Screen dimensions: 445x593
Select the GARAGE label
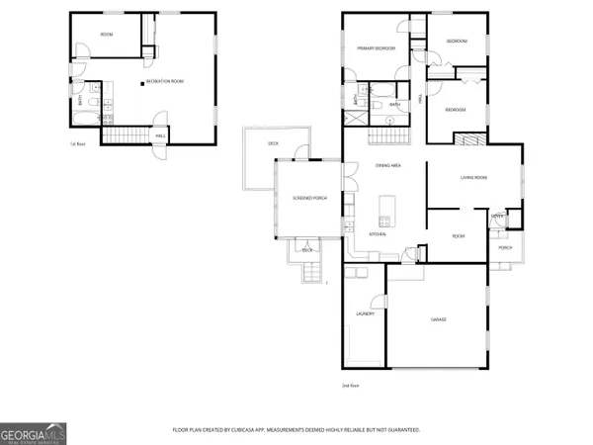(439, 319)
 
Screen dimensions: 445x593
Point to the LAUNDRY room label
(362, 313)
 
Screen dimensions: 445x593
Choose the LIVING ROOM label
(474, 178)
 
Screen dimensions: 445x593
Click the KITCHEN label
(378, 234)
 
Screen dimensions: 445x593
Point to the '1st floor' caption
(76, 144)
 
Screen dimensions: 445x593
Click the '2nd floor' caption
(349, 385)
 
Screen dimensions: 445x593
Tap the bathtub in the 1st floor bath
(83, 120)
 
